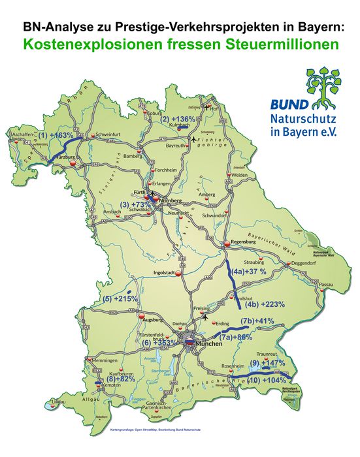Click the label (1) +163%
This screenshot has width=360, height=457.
click(x=56, y=136)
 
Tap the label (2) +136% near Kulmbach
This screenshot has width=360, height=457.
click(x=178, y=119)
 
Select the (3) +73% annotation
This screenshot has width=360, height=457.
click(x=135, y=205)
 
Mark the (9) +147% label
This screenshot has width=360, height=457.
click(x=266, y=362)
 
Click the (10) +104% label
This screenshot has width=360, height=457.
click(x=267, y=379)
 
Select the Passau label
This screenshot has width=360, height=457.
click(x=327, y=285)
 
